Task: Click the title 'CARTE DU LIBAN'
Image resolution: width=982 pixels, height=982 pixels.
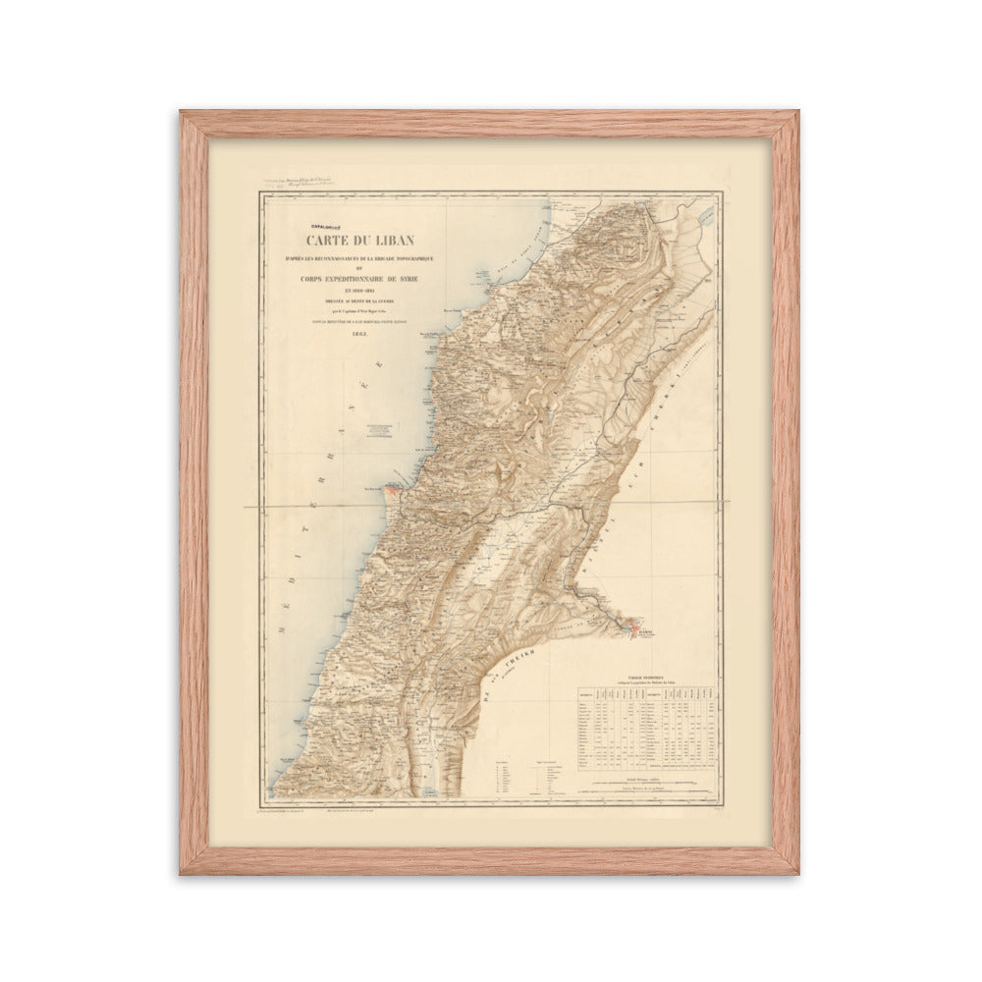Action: pyautogui.click(x=359, y=240)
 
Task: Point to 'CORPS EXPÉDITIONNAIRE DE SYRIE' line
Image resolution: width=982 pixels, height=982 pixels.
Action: pyautogui.click(x=359, y=278)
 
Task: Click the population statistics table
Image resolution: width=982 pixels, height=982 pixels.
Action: pyautogui.click(x=647, y=727)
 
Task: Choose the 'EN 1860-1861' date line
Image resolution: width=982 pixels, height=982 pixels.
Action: pyautogui.click(x=359, y=293)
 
